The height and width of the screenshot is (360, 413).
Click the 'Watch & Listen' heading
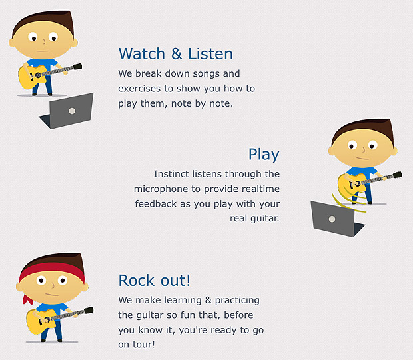click(x=176, y=54)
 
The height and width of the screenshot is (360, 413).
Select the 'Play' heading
click(x=264, y=155)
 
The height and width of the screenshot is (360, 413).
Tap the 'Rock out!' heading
click(x=154, y=281)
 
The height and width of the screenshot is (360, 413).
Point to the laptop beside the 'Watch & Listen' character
click(x=68, y=111)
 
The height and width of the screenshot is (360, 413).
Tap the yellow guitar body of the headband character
click(x=39, y=321)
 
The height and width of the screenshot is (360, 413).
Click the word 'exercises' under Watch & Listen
click(x=139, y=89)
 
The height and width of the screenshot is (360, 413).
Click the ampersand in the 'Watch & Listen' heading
click(x=177, y=54)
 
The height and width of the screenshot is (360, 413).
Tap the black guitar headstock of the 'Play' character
click(x=397, y=175)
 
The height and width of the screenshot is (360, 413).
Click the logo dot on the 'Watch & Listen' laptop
click(x=72, y=111)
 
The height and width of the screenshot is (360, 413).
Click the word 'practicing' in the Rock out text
click(x=237, y=301)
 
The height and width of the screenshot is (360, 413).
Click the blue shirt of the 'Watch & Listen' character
click(x=42, y=64)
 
